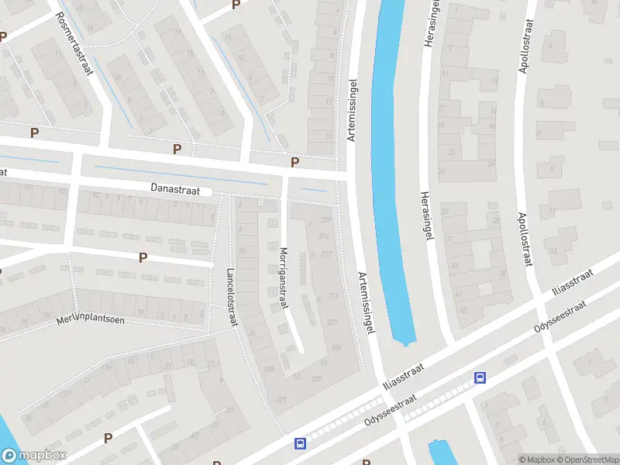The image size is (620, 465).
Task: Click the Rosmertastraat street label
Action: coord(75,47)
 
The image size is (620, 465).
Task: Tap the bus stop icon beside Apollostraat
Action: coord(480,377)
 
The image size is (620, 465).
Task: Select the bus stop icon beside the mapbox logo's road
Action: coord(299,444)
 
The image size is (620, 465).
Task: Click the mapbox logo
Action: coord(33,456)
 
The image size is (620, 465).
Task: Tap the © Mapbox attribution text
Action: coord(536,460)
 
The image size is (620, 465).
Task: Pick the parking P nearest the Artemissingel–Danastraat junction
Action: coord(294,162)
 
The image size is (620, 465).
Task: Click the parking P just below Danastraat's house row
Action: coord(143,257)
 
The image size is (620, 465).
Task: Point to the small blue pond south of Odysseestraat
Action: coord(439,453)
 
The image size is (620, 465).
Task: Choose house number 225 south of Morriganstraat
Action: coord(316,378)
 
